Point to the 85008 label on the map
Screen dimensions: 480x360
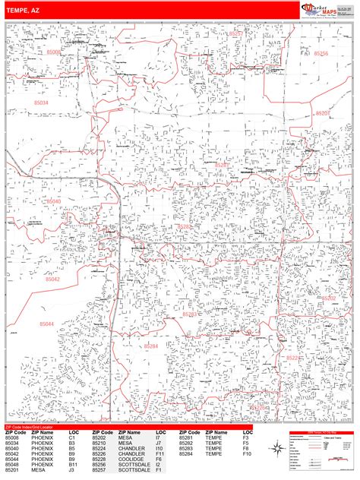(75, 52)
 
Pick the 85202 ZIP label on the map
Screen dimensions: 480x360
(328, 298)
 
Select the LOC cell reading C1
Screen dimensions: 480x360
(71, 438)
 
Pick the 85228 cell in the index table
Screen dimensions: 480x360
(99, 460)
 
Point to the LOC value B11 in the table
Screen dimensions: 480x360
(73, 466)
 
